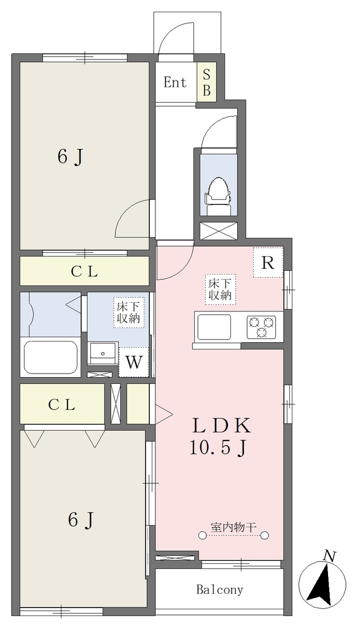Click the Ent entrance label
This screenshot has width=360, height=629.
click(x=175, y=83)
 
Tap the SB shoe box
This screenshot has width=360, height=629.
click(x=206, y=82)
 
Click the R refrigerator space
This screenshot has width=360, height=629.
click(x=268, y=263)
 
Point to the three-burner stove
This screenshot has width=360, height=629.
click(x=261, y=326)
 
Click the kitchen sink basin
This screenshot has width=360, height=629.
click(x=213, y=327)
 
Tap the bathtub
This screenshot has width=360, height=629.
click(x=50, y=357)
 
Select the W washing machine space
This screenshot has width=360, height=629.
click(x=134, y=362)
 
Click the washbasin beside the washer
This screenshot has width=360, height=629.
click(x=103, y=353)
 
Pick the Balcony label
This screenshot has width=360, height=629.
click(x=220, y=590)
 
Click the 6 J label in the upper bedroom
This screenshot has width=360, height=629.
click(x=71, y=157)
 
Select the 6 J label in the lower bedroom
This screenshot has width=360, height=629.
click(x=82, y=520)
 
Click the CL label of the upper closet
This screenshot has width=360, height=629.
click(x=85, y=272)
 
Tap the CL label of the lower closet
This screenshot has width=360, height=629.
click(x=62, y=405)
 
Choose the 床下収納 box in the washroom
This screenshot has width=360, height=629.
click(x=129, y=313)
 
